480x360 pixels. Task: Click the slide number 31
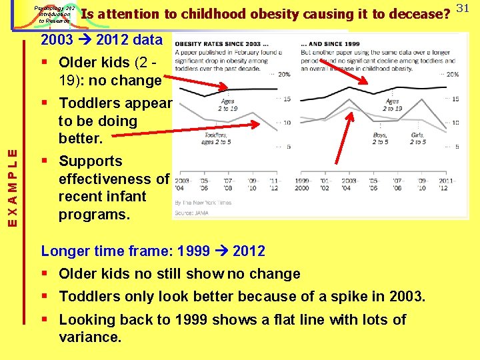465,8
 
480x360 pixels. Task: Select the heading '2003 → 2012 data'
101,39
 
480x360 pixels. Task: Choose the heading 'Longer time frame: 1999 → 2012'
153,251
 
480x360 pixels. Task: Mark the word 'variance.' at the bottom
90,337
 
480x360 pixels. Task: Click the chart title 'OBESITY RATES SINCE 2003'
217,44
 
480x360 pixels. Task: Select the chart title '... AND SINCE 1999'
329,44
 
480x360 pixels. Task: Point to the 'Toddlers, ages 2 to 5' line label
215,138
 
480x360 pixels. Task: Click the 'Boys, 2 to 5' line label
381,138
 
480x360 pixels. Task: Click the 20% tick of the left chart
284,75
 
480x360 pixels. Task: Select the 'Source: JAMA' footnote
192,213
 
